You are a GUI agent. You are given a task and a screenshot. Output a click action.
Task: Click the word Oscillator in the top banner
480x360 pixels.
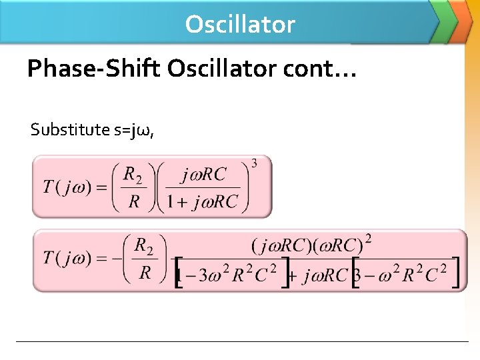pos(240,24)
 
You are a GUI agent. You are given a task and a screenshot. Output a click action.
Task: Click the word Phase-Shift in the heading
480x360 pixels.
pos(94,68)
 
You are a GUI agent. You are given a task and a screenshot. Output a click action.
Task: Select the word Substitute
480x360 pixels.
pos(71,129)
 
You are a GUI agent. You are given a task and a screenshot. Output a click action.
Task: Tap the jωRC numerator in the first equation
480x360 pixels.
pos(204,175)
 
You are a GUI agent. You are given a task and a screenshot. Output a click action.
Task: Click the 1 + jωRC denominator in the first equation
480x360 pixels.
pos(203,202)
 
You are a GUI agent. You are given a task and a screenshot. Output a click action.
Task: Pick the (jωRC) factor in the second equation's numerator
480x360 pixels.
pos(279,245)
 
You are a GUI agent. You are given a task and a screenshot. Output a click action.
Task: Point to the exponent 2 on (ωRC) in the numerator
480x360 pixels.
pos(367,238)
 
